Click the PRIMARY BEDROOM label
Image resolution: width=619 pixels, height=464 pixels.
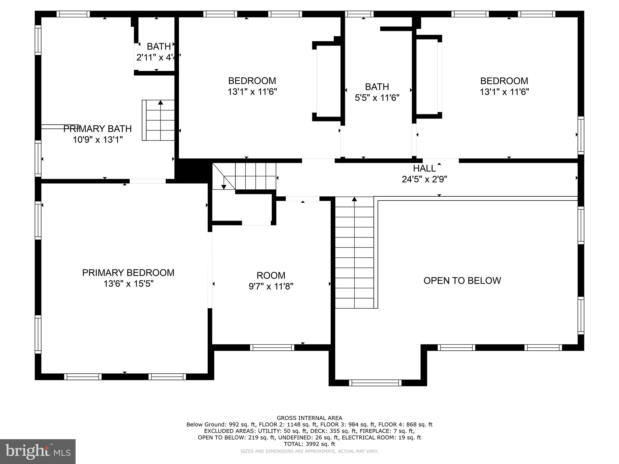pyautogui.click(x=128, y=273)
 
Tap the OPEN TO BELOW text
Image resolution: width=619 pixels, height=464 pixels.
pyautogui.click(x=462, y=281)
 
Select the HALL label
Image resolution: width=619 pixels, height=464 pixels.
pyautogui.click(x=424, y=168)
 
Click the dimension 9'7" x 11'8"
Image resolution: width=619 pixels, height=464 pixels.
pyautogui.click(x=271, y=286)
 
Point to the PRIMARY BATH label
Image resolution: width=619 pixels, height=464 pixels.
pyautogui.click(x=97, y=129)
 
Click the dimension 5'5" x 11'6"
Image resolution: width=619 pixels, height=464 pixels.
pyautogui.click(x=377, y=98)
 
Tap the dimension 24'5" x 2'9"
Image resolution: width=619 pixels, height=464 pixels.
pyautogui.click(x=424, y=179)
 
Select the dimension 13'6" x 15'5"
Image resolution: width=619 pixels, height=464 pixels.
pyautogui.click(x=128, y=284)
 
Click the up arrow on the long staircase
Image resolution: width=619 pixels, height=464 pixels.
pyautogui.click(x=355, y=199)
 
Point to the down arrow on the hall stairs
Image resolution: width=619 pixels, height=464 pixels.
pyautogui.click(x=224, y=186)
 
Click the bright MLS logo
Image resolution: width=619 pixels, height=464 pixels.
pyautogui.click(x=37, y=451)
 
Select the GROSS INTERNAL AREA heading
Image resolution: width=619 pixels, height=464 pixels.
pyautogui.click(x=309, y=418)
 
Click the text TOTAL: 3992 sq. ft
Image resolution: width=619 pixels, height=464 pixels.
pyautogui.click(x=309, y=444)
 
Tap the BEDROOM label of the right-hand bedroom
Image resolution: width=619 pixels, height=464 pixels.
pyautogui.click(x=504, y=81)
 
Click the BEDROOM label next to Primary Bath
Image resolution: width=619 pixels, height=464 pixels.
pyautogui.click(x=252, y=81)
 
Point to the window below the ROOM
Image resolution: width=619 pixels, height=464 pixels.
pyautogui.click(x=272, y=348)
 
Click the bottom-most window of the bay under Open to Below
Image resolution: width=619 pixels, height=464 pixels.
pyautogui.click(x=375, y=383)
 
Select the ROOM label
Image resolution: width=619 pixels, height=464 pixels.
pyautogui.click(x=271, y=275)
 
